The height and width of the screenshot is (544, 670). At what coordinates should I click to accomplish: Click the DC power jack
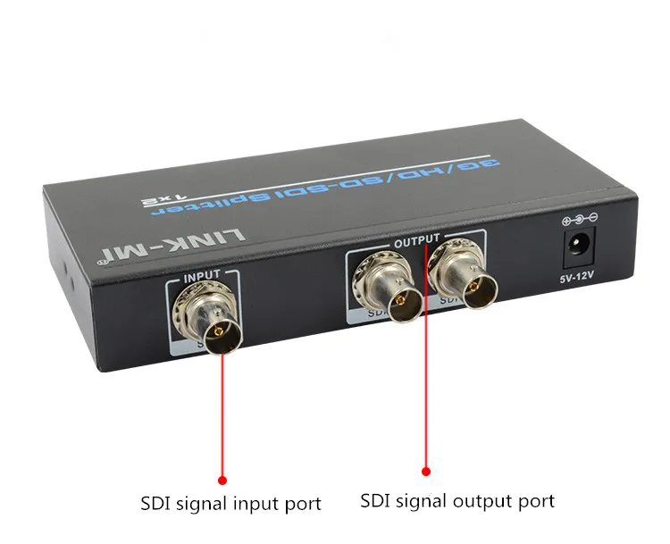(577, 246)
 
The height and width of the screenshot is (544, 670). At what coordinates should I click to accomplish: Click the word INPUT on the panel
(201, 277)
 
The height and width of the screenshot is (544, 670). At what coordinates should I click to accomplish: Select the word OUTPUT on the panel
(416, 240)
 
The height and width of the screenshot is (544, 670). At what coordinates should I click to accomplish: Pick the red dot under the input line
(222, 480)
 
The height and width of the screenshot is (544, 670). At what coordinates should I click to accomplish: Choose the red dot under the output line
(426, 471)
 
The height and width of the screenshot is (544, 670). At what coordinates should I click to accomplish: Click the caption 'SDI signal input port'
(230, 504)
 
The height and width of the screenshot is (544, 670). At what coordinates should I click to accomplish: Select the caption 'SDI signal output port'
(457, 500)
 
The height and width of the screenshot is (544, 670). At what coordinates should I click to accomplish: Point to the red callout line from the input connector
(222, 411)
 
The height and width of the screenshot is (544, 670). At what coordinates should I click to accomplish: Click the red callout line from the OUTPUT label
(426, 375)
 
